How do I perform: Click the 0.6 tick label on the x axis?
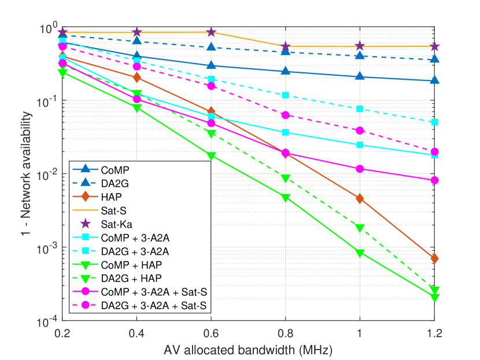point(211,333)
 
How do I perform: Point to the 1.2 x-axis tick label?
point(434,333)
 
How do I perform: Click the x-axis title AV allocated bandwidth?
point(248,349)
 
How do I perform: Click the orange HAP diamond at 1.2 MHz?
point(434,258)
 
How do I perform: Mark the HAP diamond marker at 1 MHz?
point(360,199)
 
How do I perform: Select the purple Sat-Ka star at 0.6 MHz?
point(211,32)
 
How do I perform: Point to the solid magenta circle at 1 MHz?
point(360,169)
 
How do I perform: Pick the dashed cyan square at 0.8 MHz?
point(286,95)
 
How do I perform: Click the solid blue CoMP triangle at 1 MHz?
point(360,76)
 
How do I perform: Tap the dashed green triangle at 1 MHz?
point(360,228)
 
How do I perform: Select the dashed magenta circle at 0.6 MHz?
point(211,86)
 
